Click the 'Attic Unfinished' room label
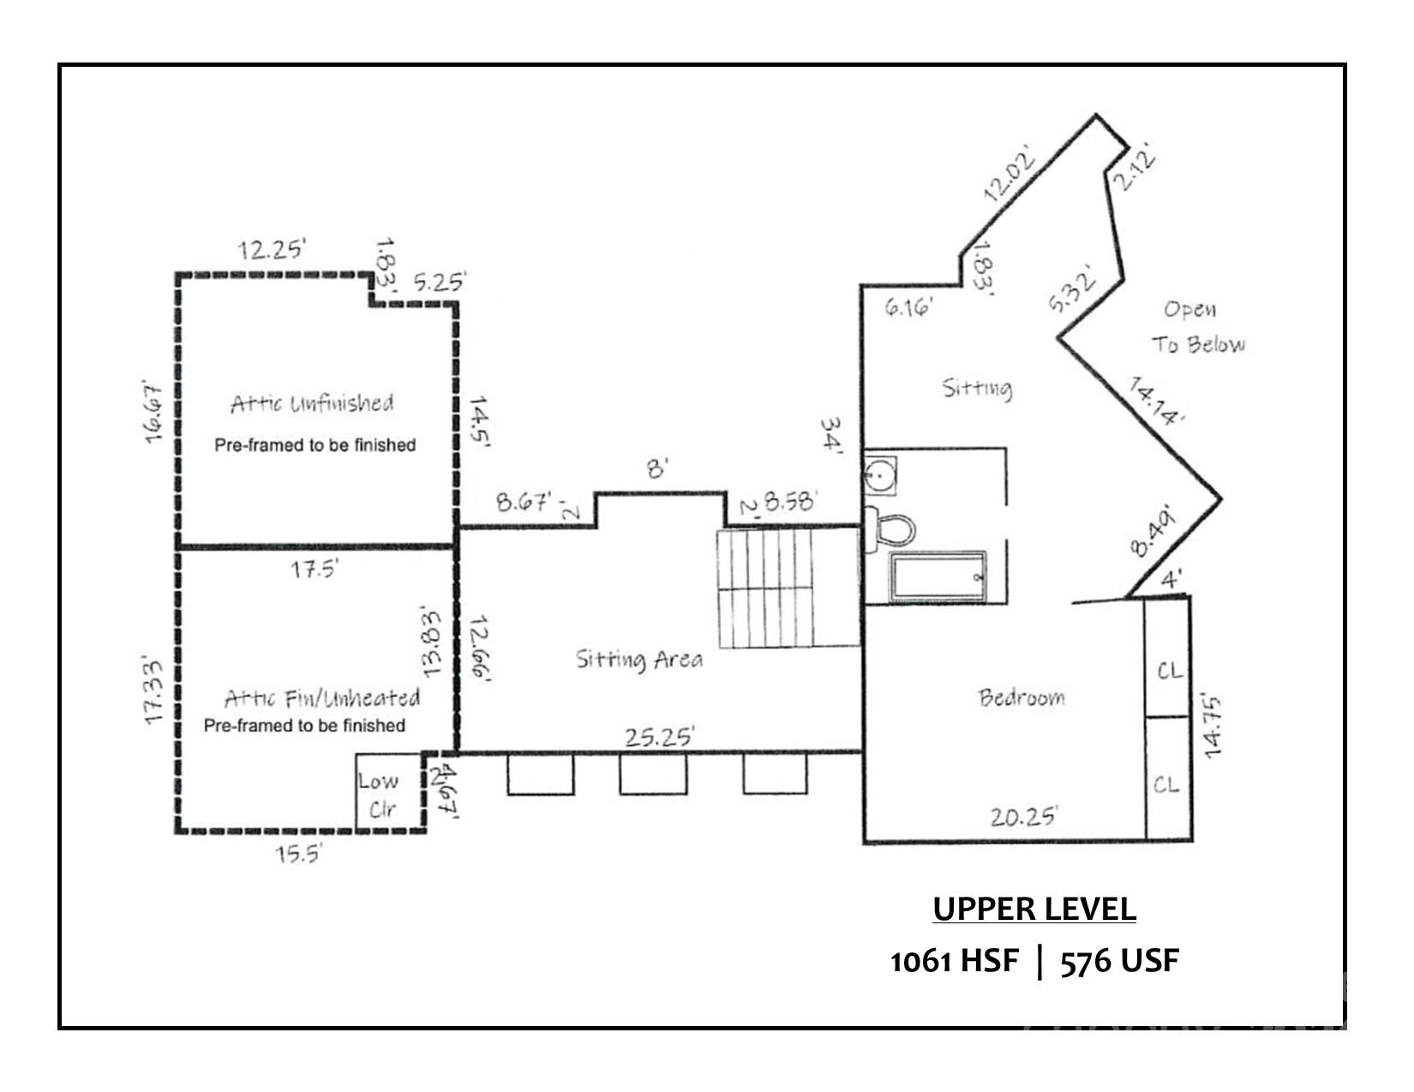312,403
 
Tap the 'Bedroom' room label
1022,697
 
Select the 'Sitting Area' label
638,659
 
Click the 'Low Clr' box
380,793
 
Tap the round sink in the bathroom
880,474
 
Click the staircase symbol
764,588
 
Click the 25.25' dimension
659,737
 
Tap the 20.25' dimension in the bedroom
1024,815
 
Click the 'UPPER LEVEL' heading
1034,910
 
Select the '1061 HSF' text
955,962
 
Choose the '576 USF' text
1120,962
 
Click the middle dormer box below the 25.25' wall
653,774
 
